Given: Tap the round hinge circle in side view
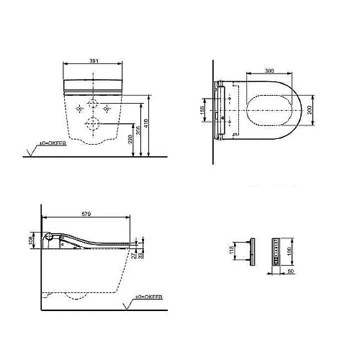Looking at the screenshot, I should (x=49, y=238).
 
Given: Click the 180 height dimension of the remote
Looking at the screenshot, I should (x=289, y=251).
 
